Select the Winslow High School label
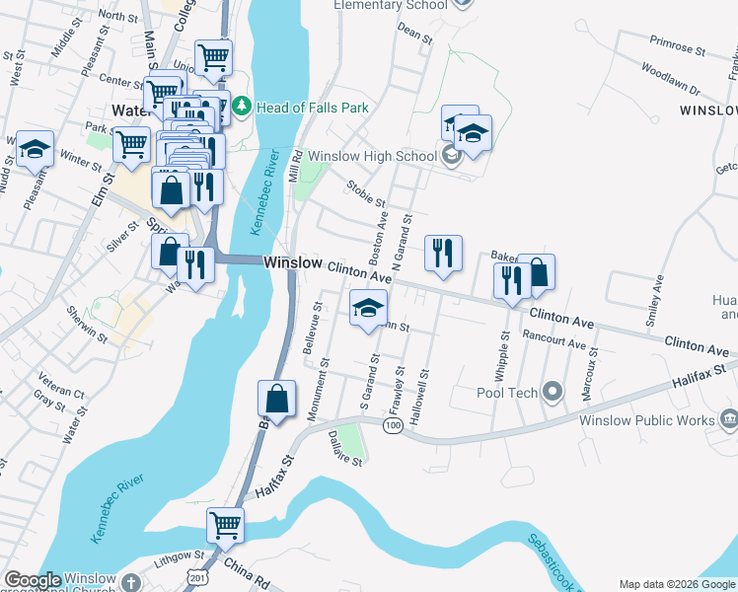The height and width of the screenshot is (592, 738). (372, 156)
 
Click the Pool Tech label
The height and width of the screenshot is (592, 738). (509, 393)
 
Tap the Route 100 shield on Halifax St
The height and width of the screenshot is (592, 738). (393, 424)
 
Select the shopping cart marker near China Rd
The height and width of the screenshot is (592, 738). (225, 525)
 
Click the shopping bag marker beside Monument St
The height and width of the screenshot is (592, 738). (277, 400)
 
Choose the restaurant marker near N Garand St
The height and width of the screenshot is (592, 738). (443, 253)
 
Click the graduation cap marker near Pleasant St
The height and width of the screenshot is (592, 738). (36, 148)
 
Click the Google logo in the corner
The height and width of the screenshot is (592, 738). (33, 580)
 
